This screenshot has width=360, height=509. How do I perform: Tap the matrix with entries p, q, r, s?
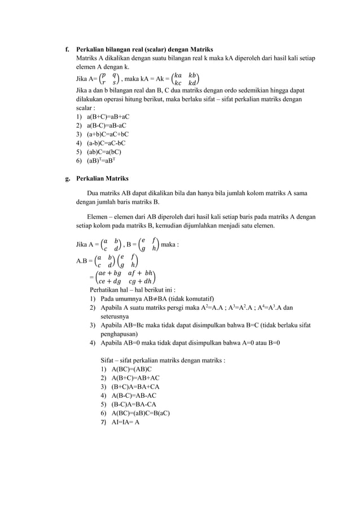pyautogui.click(x=107, y=77)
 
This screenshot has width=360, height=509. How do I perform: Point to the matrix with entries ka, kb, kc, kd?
pyautogui.click(x=186, y=77)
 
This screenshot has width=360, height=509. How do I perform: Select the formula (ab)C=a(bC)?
pyautogui.click(x=103, y=151)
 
